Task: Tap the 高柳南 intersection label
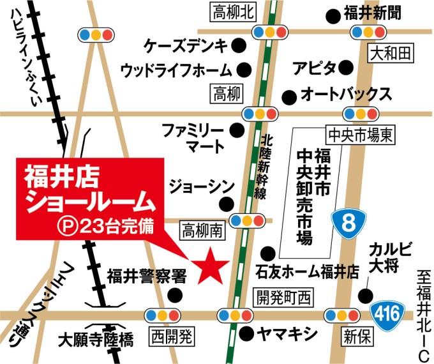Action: click(202, 230)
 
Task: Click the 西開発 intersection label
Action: click(170, 334)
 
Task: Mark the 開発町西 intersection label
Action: click(283, 295)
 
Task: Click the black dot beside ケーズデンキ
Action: click(238, 45)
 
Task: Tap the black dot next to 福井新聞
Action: click(332, 13)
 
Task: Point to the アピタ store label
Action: click(313, 67)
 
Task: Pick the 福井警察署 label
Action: click(146, 276)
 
